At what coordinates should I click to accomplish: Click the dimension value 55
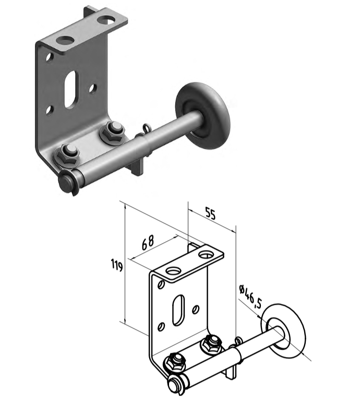(210, 213)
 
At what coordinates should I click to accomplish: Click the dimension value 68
(148, 242)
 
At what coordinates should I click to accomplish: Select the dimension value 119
(117, 265)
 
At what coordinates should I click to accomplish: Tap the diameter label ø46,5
(250, 296)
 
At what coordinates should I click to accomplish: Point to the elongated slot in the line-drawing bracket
(178, 310)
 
